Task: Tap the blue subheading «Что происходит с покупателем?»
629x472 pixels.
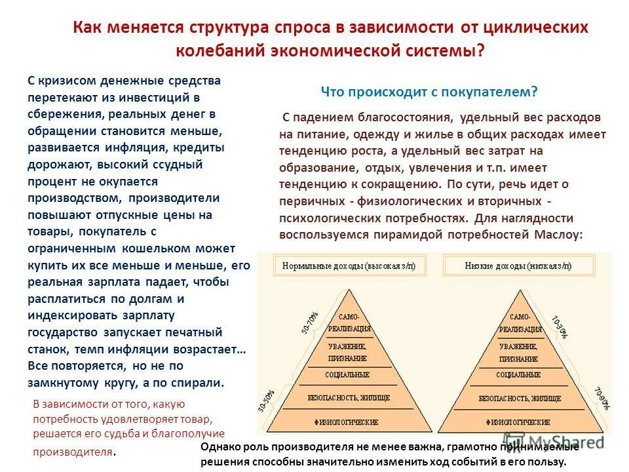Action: coord(429,92)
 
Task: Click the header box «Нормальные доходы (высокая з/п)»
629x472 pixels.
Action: coord(353,265)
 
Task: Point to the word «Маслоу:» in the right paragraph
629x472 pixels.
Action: coord(557,234)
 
